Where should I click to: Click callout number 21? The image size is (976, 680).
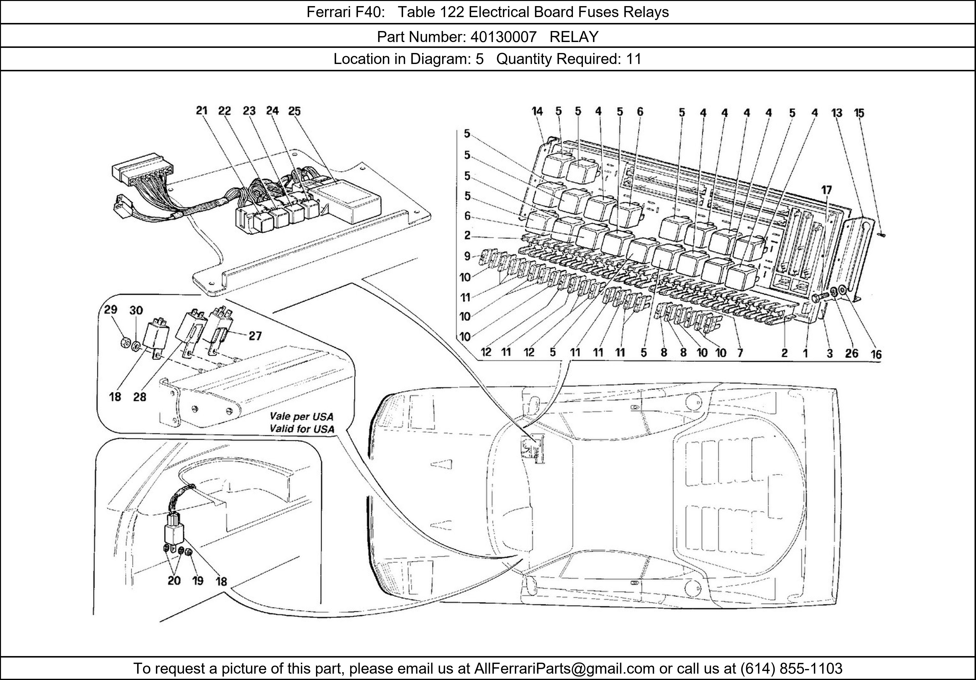(x=202, y=111)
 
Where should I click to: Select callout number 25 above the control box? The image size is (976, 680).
(x=294, y=111)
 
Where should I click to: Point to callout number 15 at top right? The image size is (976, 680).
(x=859, y=113)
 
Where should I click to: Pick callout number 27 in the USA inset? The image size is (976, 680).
(x=255, y=336)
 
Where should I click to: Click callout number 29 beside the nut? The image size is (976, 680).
(x=111, y=309)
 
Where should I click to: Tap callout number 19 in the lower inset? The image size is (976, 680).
(x=198, y=580)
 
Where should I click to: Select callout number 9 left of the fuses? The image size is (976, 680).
(x=467, y=256)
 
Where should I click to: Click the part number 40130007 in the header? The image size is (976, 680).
(x=503, y=37)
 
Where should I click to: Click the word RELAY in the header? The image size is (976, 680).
(x=574, y=37)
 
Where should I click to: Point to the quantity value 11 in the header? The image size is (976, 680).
(x=633, y=59)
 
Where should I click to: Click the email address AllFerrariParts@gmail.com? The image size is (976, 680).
(x=564, y=669)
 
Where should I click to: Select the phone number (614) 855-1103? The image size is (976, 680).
(x=791, y=669)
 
